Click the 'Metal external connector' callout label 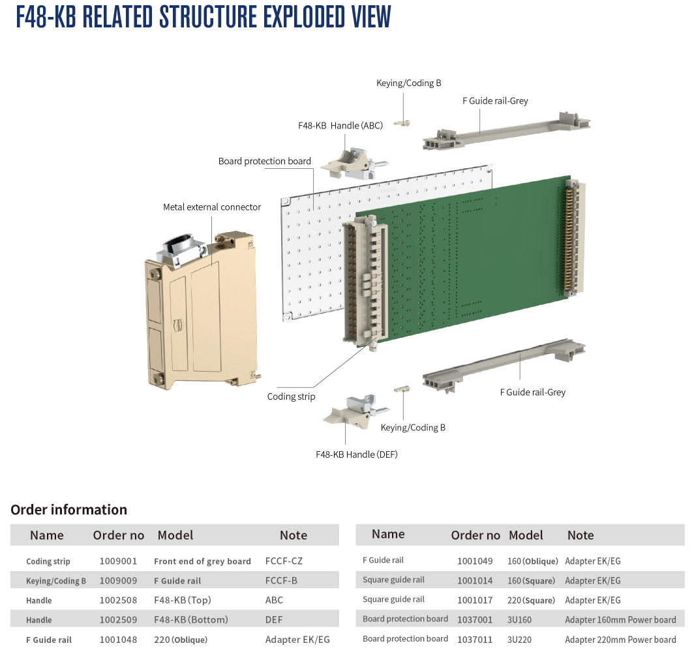[x=211, y=207]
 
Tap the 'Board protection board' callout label [x=265, y=161]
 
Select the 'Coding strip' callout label [x=291, y=396]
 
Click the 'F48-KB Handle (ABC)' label [x=340, y=126]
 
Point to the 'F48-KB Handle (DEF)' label [x=357, y=454]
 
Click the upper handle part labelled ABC [x=354, y=163]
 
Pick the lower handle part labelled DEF [x=355, y=412]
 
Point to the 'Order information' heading [x=68, y=510]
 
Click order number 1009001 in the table [x=118, y=561]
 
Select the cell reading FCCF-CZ [x=284, y=561]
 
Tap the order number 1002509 [x=118, y=619]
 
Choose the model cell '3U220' [x=519, y=640]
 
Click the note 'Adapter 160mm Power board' [x=620, y=619]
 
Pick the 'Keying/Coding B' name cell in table [x=56, y=581]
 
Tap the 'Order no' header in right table [x=475, y=535]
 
